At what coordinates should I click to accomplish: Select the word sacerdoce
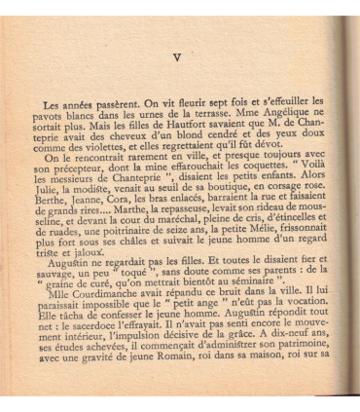click(x=95, y=353)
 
